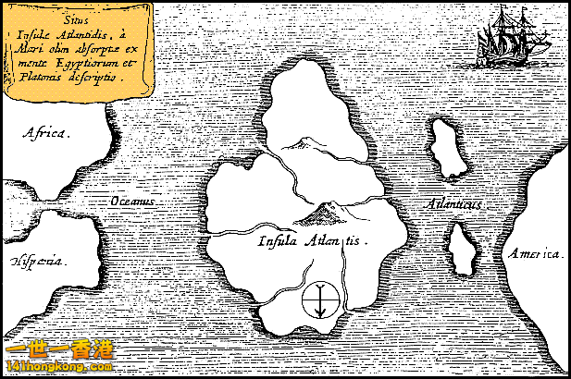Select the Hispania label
(38, 262)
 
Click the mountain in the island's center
(323, 214)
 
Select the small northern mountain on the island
(302, 143)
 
